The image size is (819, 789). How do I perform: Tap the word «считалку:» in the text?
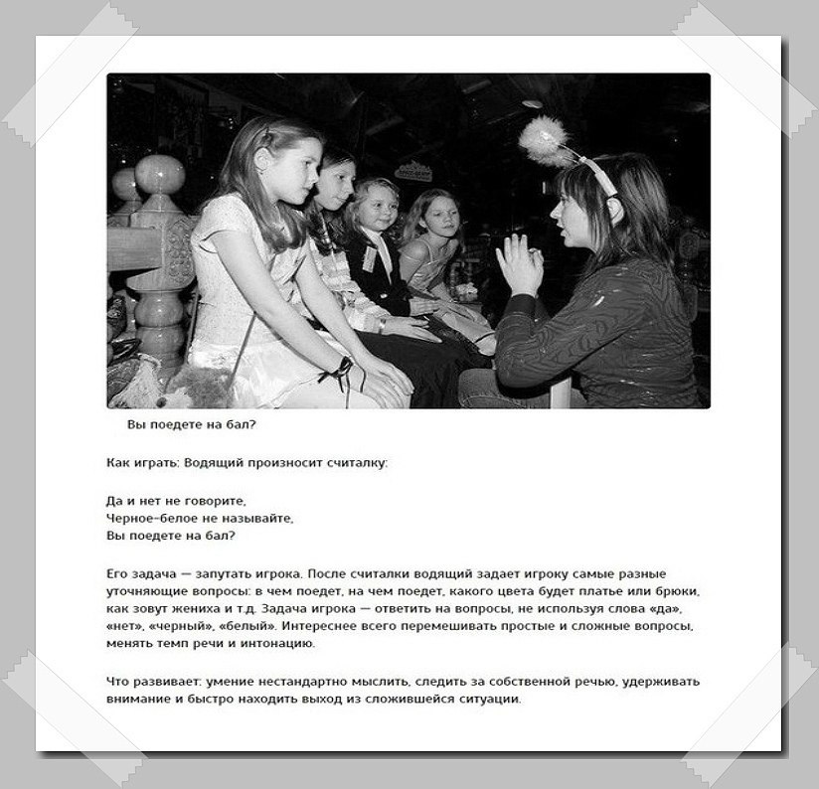(356, 464)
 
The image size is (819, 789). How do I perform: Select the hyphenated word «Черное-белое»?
(148, 518)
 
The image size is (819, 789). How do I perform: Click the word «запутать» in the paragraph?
(212, 574)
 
